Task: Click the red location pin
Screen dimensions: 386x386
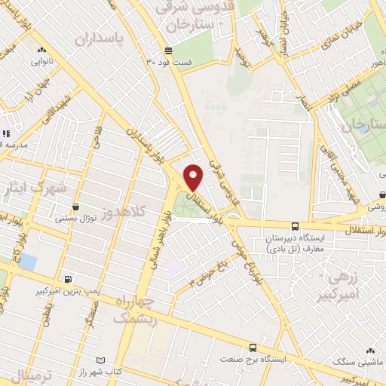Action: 194,177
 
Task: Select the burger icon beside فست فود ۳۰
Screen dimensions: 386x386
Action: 167,51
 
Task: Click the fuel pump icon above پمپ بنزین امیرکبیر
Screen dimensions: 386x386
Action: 69,278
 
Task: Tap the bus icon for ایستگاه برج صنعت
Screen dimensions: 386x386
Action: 252,348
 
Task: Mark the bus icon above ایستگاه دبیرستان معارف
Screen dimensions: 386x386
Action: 294,226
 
